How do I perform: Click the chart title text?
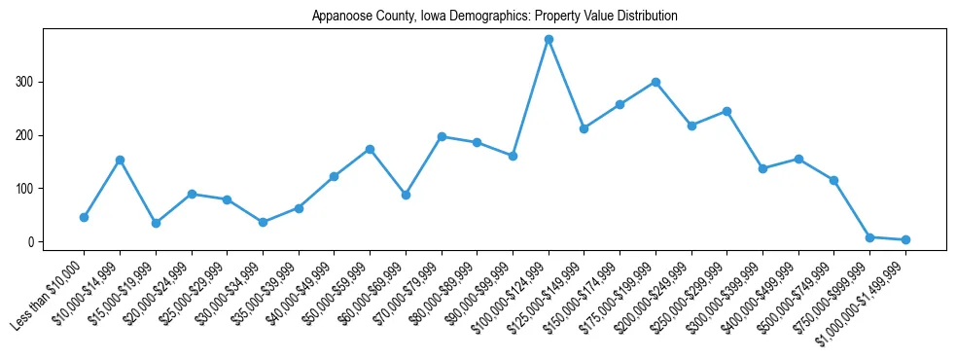[494, 17]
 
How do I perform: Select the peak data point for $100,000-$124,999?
[549, 39]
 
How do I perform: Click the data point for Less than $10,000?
[84, 217]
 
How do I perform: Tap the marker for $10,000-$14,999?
[120, 160]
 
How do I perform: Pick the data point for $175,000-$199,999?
[655, 82]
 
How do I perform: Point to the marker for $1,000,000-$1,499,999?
[905, 239]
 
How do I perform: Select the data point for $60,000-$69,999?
[406, 195]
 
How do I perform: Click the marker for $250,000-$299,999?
[726, 111]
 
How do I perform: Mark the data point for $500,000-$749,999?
[833, 180]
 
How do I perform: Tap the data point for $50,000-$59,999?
[370, 149]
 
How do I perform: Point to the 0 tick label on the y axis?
[31, 242]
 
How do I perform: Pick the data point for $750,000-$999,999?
[869, 237]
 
